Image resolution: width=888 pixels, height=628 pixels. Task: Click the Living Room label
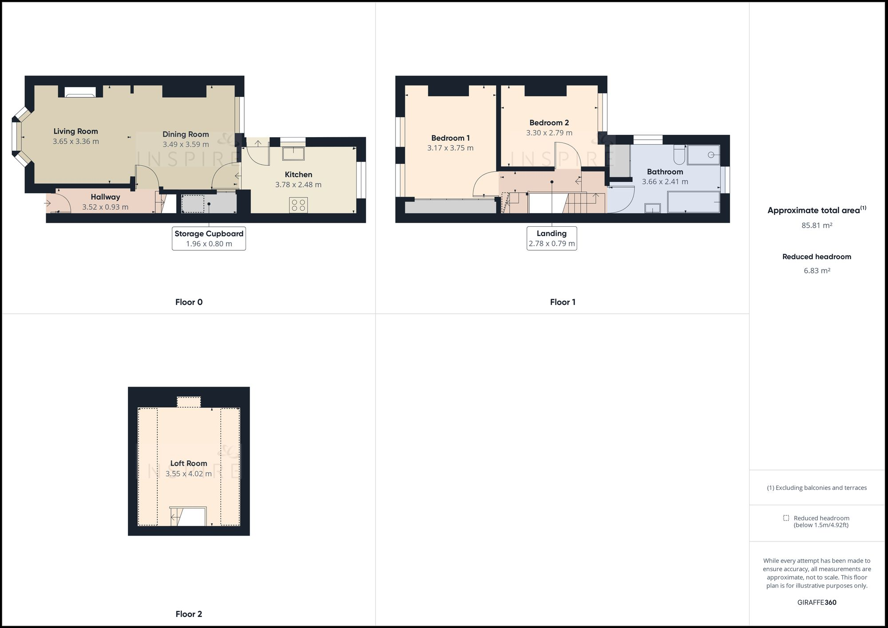point(75,131)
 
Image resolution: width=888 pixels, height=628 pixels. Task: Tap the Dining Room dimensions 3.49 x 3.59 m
point(186,144)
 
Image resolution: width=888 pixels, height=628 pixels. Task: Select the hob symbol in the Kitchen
point(298,205)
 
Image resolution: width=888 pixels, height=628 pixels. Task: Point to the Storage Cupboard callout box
point(209,238)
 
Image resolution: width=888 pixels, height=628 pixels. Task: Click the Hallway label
point(105,197)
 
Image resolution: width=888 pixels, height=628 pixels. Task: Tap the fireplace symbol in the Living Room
point(80,92)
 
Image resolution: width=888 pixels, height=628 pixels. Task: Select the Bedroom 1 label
point(450,138)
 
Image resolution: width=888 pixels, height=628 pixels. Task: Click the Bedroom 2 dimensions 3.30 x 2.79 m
point(549,133)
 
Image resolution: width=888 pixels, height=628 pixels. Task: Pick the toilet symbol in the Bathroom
point(679,155)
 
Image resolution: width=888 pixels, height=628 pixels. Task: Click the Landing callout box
point(551,238)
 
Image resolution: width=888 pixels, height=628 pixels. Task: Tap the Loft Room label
point(189,463)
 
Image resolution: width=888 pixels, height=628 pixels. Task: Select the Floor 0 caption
point(189,302)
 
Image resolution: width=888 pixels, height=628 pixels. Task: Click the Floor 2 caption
point(189,614)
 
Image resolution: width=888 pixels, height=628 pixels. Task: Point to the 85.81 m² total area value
point(817,225)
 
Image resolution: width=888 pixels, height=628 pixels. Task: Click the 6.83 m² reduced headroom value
point(817,271)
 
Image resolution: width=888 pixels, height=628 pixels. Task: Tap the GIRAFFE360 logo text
point(817,602)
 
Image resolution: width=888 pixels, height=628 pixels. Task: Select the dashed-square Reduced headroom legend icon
point(786,518)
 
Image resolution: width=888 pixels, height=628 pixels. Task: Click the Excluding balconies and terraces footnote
point(817,488)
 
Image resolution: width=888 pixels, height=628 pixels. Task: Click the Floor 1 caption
point(563,302)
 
